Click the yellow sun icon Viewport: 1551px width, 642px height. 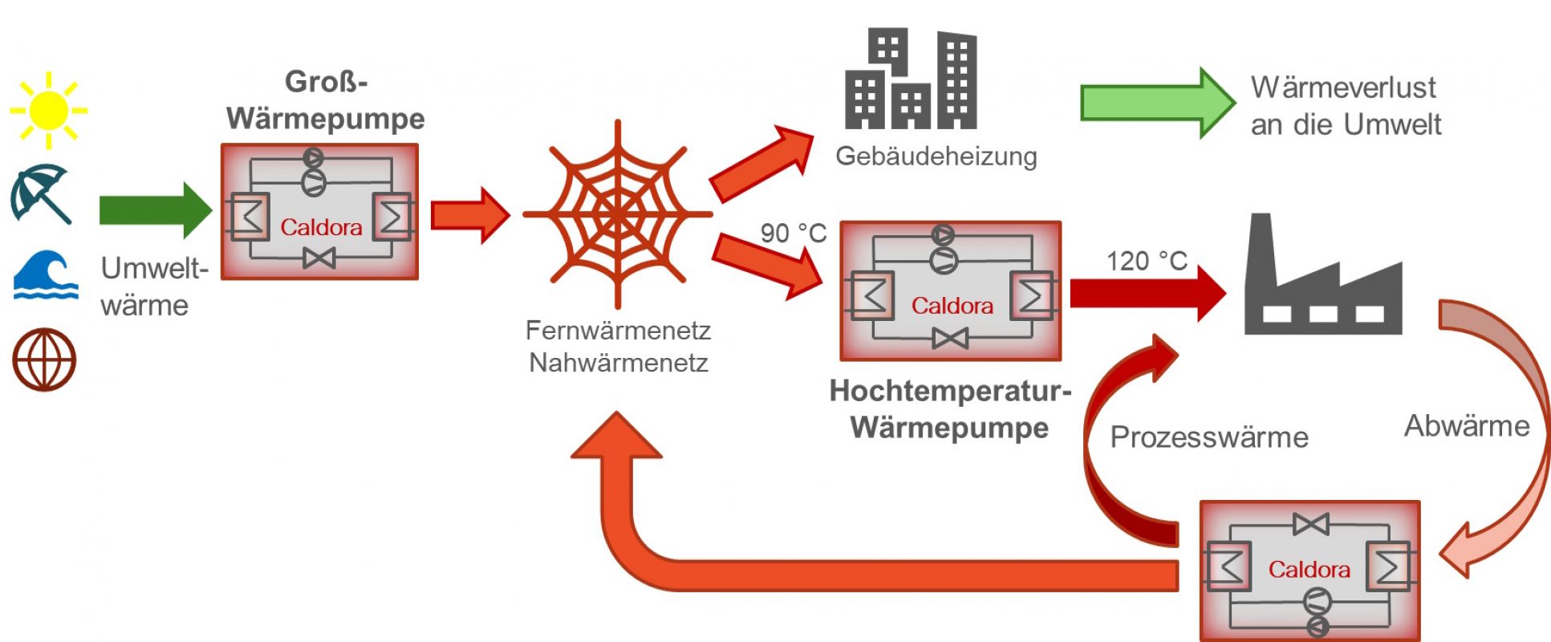click(x=48, y=111)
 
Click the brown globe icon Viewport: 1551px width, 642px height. click(x=44, y=360)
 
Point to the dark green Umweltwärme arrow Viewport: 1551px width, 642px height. click(x=155, y=210)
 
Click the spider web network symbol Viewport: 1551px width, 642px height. click(x=617, y=214)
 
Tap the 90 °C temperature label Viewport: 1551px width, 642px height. click(x=793, y=234)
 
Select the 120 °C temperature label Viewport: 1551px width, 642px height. click(x=1147, y=261)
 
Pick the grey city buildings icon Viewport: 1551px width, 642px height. click(x=910, y=79)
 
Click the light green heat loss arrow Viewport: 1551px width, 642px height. click(x=1156, y=103)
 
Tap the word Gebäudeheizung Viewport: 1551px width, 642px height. click(x=936, y=156)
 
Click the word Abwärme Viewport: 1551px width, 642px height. click(x=1466, y=426)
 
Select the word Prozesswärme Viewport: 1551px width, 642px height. click(x=1208, y=437)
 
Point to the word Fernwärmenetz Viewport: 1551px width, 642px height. click(x=618, y=330)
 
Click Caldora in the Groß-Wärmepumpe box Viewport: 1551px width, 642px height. click(x=321, y=227)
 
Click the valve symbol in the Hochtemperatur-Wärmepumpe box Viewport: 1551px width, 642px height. click(x=950, y=339)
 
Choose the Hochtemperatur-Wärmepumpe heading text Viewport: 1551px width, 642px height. click(x=950, y=409)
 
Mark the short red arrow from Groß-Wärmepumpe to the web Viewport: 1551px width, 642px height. click(x=469, y=215)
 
